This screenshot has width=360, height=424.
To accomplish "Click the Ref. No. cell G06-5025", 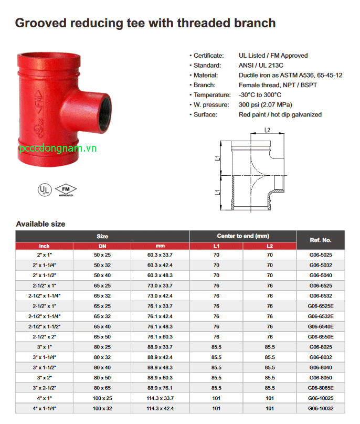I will click(x=320, y=255).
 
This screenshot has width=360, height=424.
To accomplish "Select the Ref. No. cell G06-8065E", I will click(x=320, y=388).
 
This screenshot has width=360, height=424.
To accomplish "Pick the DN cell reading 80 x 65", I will click(x=102, y=388).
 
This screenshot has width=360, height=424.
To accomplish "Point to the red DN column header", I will click(x=102, y=246).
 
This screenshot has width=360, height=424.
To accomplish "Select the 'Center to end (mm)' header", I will click(x=242, y=236).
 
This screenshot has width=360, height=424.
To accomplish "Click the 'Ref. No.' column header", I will click(x=320, y=240).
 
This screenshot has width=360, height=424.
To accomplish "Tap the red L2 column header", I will click(x=269, y=246).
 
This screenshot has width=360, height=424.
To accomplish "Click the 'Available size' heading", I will click(x=41, y=224).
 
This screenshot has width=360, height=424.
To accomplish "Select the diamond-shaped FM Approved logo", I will click(x=66, y=188).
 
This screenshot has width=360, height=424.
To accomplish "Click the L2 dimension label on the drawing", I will click(x=267, y=131).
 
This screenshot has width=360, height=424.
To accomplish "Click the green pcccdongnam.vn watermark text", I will click(x=58, y=149).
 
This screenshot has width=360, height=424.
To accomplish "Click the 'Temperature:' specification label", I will click(x=211, y=95).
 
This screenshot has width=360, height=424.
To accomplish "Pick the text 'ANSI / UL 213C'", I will click(x=261, y=65).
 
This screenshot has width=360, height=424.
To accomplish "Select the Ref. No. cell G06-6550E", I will click(x=320, y=337).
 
